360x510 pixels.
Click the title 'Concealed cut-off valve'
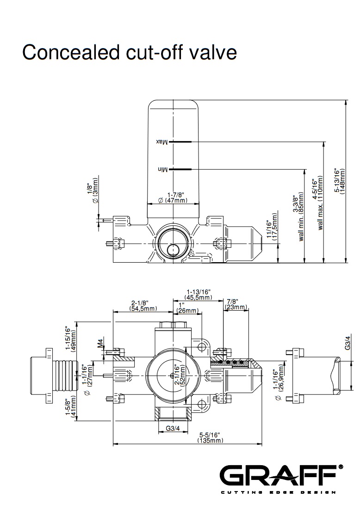coord(130,53)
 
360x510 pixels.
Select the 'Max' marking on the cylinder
coord(161,141)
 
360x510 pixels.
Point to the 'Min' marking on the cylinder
coord(161,170)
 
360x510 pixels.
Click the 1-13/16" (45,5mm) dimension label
coord(199,295)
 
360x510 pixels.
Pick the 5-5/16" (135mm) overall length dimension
coord(210,437)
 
